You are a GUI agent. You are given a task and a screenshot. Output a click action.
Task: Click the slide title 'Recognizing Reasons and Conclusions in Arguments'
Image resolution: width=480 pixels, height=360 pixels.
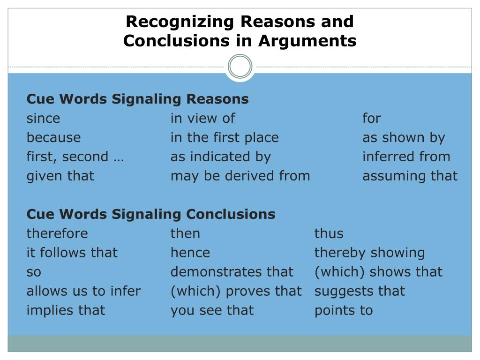[240, 31]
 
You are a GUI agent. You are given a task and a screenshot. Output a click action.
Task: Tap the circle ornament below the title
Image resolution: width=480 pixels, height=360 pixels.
[240, 67]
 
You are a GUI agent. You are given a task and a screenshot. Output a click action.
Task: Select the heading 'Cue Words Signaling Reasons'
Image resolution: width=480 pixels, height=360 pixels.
[137, 99]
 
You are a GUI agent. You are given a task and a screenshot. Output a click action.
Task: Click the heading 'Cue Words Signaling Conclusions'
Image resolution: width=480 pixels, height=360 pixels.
[151, 214]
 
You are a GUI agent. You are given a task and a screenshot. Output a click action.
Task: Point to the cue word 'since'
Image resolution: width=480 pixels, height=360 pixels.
[43, 119]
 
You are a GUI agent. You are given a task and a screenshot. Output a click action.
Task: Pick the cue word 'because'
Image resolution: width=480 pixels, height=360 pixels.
[53, 138]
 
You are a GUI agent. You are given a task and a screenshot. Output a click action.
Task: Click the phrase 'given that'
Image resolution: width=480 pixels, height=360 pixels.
[60, 176]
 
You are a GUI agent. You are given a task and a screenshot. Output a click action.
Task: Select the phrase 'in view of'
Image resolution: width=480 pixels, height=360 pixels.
[202, 119]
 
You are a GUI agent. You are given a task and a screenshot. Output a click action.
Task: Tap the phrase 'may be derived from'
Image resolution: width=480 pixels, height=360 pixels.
[240, 176]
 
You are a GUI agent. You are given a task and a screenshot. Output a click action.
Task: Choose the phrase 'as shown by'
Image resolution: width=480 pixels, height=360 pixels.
[403, 138]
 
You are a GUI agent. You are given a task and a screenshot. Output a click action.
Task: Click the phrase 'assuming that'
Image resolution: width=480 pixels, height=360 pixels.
[410, 176]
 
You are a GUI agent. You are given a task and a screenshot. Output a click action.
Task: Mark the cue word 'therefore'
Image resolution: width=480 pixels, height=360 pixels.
[57, 233]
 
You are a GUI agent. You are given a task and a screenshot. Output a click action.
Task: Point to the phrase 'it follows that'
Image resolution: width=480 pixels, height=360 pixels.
[72, 253]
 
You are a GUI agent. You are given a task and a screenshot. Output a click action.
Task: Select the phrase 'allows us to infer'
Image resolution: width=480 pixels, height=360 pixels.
[83, 291]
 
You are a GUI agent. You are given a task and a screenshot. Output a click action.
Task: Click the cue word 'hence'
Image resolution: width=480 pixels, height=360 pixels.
[190, 253]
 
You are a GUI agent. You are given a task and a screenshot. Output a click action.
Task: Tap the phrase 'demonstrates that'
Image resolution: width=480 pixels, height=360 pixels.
[232, 272]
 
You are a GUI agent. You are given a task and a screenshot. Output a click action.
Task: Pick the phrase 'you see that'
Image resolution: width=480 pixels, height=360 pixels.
[212, 310]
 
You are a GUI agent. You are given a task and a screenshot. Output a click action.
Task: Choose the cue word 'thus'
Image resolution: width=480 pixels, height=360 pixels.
[329, 233]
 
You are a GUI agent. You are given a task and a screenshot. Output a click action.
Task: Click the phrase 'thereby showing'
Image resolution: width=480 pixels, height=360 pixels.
[369, 253]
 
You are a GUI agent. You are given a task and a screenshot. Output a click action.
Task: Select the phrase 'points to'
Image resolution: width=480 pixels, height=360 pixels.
[343, 310]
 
